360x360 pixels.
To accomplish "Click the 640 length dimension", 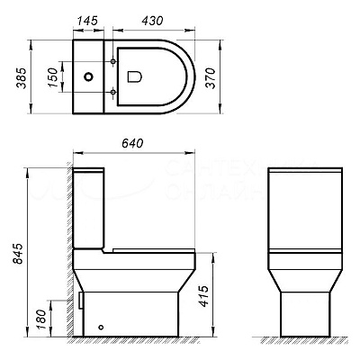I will point(133,142).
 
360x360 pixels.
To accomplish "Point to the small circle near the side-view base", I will point(100,328).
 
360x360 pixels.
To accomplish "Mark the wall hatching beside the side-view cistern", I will point(67,207).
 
